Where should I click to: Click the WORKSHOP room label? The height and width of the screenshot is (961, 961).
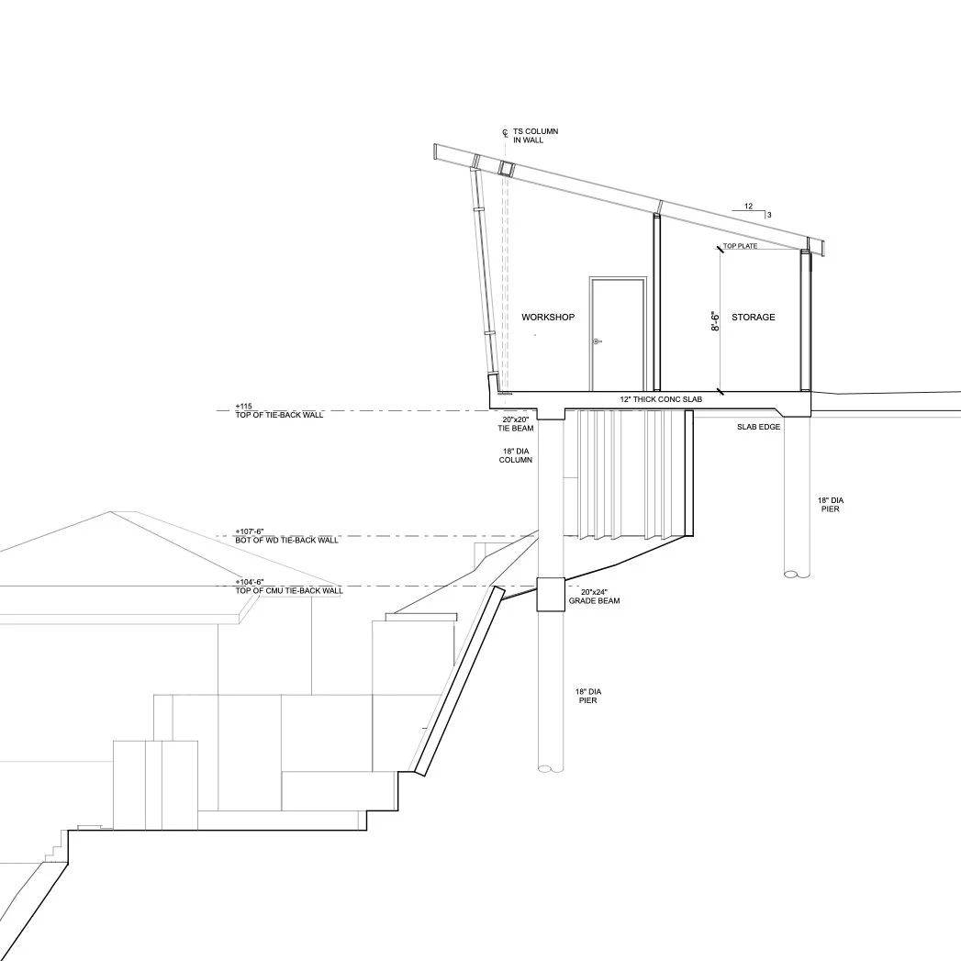548,318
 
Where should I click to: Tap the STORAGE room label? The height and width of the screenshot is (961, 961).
754,318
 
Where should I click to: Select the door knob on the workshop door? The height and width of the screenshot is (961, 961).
597,341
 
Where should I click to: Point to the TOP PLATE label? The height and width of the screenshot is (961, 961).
740,246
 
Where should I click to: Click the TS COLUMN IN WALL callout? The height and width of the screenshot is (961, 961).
542,136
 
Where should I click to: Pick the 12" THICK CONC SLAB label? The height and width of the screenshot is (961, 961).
661,401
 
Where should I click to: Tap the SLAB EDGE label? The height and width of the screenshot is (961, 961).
758,427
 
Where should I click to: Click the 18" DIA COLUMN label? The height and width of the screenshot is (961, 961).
516,455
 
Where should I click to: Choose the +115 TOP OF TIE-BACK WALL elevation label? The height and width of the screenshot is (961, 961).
279,410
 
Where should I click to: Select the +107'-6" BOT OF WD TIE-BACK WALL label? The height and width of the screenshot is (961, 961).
286,536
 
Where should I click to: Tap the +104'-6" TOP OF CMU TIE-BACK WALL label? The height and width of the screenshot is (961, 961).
288,587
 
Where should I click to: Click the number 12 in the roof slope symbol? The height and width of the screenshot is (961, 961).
749,207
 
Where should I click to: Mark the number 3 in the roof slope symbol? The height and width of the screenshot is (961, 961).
768,215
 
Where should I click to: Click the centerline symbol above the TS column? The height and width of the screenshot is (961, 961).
505,134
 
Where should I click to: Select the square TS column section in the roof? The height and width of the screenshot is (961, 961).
505,168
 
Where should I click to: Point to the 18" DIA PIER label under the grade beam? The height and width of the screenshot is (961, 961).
587,696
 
